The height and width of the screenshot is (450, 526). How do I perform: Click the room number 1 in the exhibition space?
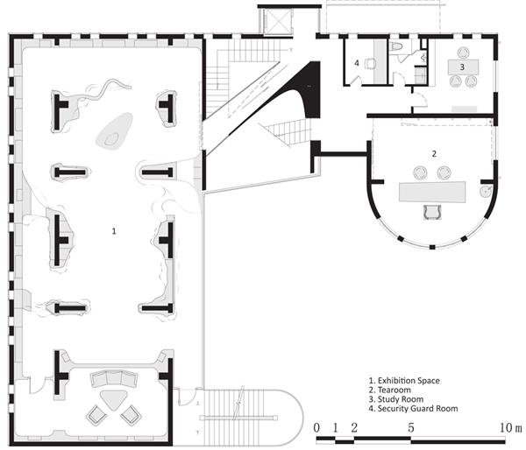pos(114,231)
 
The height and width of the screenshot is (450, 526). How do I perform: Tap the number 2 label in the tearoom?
pos(435,153)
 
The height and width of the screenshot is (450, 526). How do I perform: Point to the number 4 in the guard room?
pos(357,63)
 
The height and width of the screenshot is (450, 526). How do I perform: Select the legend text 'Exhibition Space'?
pos(409,381)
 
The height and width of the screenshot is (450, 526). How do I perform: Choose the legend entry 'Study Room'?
pos(401,399)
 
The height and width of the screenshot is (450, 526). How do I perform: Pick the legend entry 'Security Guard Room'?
pos(417,409)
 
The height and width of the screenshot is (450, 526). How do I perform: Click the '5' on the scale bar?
pos(411,428)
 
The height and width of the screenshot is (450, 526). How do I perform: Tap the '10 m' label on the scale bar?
pos(511,428)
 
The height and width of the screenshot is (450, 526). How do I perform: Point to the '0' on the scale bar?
pos(316,428)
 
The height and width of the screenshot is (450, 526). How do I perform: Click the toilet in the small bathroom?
pos(396,46)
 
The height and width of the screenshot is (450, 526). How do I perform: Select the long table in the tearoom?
pos(432,192)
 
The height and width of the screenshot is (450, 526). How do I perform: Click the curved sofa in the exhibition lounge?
pos(114,378)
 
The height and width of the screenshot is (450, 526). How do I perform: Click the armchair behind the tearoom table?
pos(432,213)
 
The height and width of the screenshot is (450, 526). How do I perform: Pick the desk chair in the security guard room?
pos(370,63)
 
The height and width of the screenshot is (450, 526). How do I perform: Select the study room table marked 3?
pos(463,67)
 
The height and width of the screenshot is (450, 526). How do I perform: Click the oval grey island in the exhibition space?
pos(114,131)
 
